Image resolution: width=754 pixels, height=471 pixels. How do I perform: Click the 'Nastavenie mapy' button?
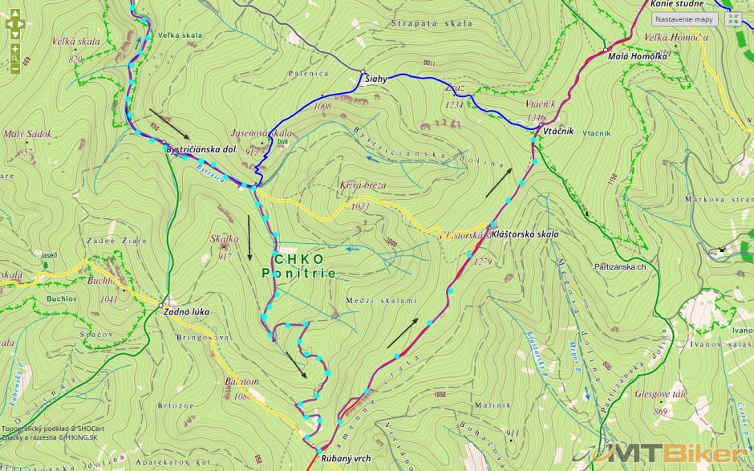[x=683, y=19]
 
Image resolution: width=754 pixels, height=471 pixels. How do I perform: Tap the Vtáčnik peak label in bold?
[x=557, y=131]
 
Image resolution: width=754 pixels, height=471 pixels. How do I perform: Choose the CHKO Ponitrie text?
[x=299, y=266]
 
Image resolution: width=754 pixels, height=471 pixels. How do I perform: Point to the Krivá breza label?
[x=362, y=185]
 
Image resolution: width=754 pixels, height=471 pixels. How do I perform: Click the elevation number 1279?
[x=482, y=262]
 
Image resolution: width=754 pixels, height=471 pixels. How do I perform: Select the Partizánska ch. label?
[x=621, y=266]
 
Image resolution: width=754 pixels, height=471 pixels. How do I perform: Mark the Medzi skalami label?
[x=381, y=300]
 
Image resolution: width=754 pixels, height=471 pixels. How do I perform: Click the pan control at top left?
[x=14, y=23]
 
